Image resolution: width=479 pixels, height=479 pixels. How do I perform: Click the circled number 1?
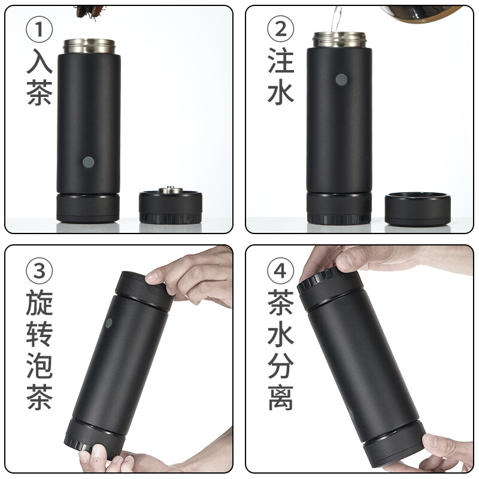pos(39,29)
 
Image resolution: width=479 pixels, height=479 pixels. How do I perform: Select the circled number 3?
pos(39,271)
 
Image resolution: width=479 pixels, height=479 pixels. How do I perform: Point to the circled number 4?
pos(280,271)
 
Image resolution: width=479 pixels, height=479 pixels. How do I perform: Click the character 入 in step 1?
pos(40,61)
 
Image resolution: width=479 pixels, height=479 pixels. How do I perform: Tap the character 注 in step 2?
pos(281,60)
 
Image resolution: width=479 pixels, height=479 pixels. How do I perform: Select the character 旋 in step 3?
pos(40,302)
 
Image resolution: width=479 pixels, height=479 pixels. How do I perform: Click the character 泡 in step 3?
pos(40,365)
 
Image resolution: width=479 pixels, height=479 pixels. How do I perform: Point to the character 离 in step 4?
pos(281,397)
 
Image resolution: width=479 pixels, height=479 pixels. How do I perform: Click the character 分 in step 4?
pos(281,365)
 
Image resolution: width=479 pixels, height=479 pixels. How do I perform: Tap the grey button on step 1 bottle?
pos(88,162)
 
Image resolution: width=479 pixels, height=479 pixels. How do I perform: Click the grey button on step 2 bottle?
pos(341,80)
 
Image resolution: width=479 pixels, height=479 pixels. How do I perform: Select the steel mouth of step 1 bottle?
pos(89,46)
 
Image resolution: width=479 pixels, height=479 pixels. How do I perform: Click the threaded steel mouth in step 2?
pos(339,40)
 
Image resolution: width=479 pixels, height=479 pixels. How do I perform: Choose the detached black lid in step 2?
pos(417,209)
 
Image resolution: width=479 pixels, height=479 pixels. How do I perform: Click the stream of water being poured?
pos(336,19)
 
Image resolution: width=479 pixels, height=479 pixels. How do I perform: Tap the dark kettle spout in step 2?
pos(422,13)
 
